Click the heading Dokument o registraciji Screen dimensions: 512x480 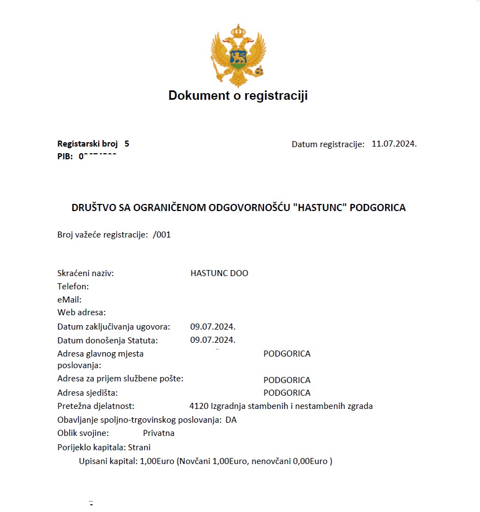point(238,96)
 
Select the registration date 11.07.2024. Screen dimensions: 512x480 point(394,144)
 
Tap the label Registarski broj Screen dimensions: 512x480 point(88,144)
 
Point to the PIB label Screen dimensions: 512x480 point(65,156)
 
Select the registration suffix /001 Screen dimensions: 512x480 point(162,234)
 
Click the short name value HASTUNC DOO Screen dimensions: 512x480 point(219,273)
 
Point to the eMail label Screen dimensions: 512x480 point(69,300)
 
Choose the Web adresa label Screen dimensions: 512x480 point(82,312)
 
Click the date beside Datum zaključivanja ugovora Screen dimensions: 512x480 point(213,327)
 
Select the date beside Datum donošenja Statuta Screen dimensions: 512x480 point(213,340)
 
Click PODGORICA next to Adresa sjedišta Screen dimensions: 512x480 point(287,393)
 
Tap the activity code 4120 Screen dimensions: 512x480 point(198,406)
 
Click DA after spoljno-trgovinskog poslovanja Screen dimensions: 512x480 point(231,420)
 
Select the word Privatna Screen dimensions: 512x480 point(159,433)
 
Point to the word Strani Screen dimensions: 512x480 point(140,447)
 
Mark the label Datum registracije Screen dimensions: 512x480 point(328,144)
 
